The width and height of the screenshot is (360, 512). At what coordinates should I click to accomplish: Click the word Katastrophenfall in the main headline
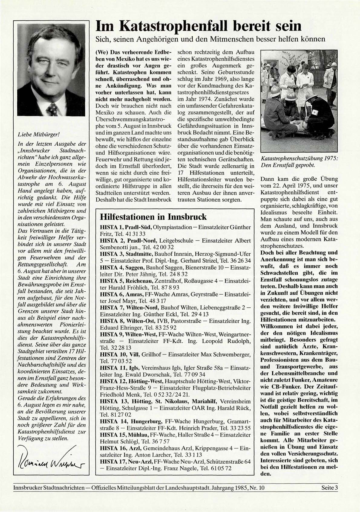coord(172,26)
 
